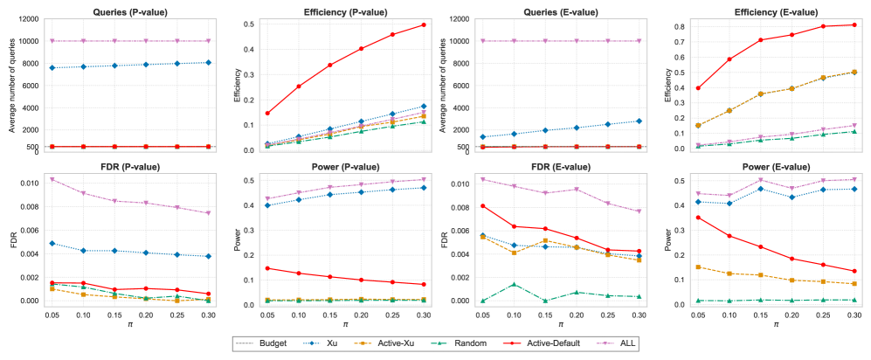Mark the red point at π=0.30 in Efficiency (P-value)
pyautogui.click(x=424, y=24)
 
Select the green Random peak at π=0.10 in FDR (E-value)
pyautogui.click(x=515, y=284)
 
